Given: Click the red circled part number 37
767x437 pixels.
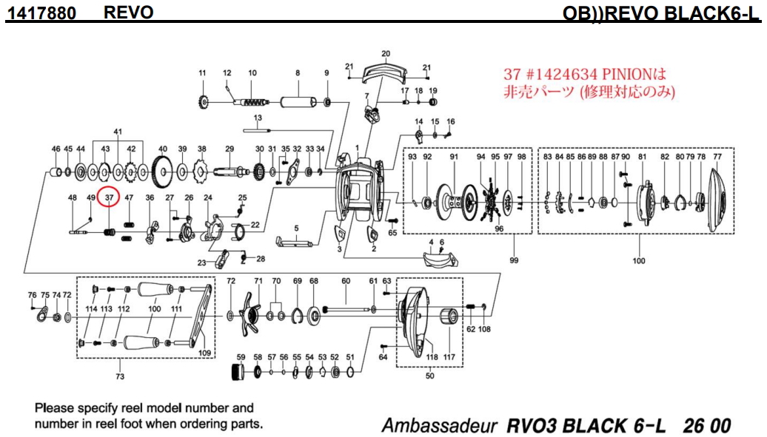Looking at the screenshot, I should pos(109,197).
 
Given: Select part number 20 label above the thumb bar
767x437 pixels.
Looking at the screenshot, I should pos(385,54).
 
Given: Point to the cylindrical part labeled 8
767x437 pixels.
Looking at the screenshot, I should pos(298,101).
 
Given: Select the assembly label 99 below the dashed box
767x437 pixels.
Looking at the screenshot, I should pos(513,260).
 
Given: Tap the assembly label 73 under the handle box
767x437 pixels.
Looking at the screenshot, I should pos(120,376).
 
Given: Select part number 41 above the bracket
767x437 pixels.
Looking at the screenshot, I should pos(117,132).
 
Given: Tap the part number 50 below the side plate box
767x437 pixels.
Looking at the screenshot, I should pos(429,376).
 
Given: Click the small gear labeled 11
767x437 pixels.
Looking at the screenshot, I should pos(201,101).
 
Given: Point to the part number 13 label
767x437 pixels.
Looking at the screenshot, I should pos(258,118).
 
